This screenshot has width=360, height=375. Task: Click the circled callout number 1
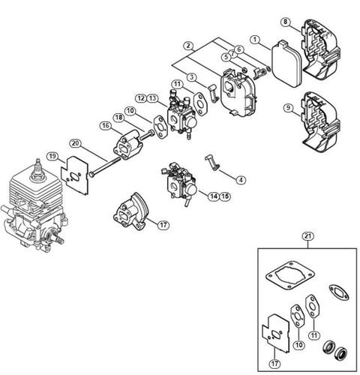(x=255, y=38)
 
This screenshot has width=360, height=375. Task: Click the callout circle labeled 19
(x=52, y=155)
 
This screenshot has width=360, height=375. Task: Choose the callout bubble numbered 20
(x=74, y=143)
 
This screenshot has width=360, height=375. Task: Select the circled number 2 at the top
(x=189, y=46)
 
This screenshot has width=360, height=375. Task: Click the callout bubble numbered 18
(x=118, y=116)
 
